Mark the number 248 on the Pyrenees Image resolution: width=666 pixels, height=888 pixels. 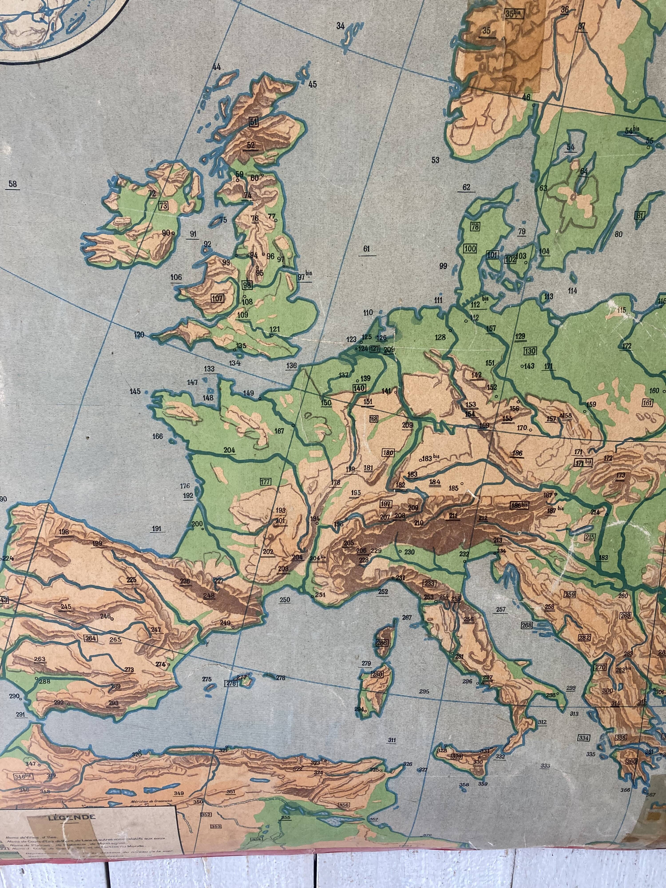click(209, 595)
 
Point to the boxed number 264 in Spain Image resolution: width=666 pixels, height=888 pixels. click(91, 638)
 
